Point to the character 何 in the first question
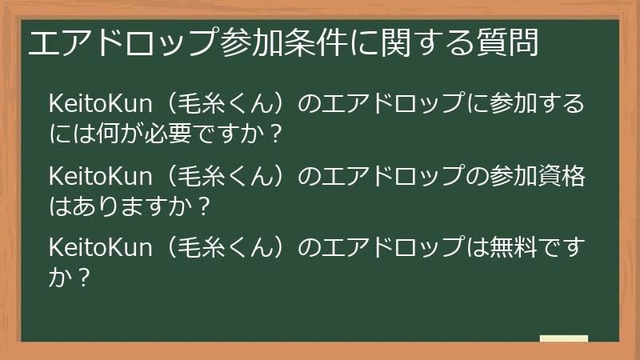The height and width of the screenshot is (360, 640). click(110, 134)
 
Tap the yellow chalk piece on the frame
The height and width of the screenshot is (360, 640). click(563, 339)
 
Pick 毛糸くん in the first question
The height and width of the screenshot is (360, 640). click(224, 105)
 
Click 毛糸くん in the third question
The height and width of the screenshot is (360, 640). click(224, 249)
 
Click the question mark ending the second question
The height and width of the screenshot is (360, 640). click(203, 206)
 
